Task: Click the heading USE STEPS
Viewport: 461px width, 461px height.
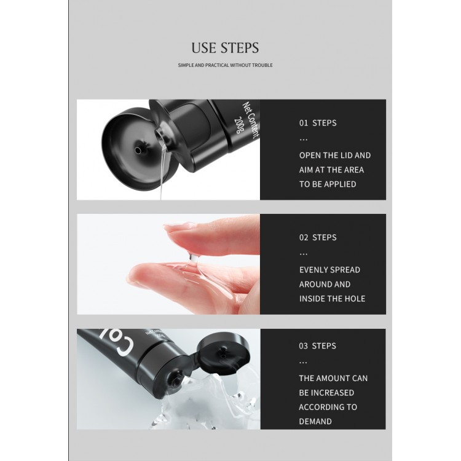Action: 225,48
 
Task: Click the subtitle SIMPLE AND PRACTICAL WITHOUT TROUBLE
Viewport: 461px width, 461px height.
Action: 225,65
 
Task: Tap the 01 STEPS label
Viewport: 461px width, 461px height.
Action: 318,123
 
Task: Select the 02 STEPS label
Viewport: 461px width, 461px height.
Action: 318,237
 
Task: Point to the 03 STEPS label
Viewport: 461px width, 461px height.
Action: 318,345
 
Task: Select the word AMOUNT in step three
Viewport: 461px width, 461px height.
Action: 333,378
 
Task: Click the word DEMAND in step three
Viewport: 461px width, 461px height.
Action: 315,421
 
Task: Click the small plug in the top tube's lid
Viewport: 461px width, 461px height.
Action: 138,150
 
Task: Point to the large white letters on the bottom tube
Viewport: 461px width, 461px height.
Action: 118,342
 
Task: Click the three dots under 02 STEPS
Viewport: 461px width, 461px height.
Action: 303,254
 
